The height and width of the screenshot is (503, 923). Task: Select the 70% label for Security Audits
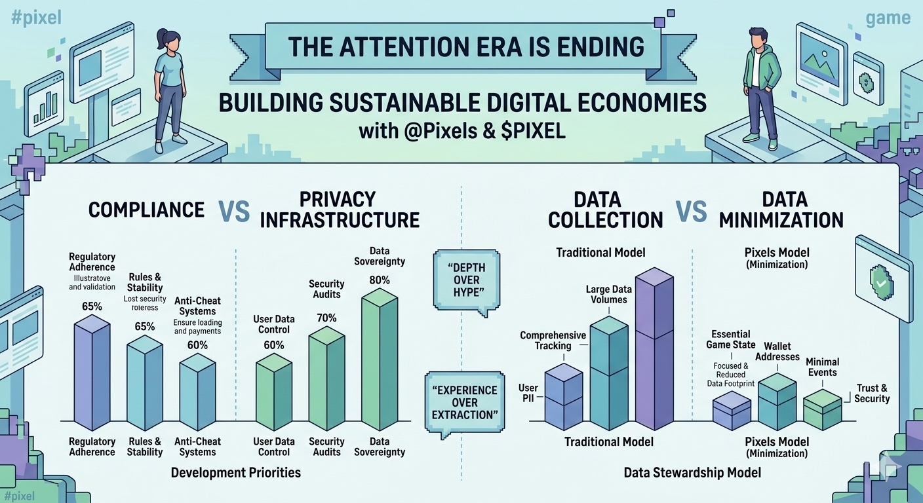(326, 318)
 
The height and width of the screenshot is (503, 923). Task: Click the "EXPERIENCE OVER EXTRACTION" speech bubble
(464, 402)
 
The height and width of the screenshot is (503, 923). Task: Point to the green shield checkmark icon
(880, 282)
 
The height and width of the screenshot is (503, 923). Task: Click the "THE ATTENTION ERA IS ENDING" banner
(466, 47)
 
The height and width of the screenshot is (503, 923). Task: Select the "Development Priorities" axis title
(235, 472)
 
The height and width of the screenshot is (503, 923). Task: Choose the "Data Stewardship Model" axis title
(692, 472)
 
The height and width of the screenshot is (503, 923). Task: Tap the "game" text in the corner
(888, 18)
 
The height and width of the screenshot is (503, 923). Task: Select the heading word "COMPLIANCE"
(146, 210)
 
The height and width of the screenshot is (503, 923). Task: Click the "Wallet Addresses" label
(777, 352)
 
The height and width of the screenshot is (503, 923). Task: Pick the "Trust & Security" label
(872, 394)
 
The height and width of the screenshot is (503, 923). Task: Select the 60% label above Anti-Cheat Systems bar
(197, 345)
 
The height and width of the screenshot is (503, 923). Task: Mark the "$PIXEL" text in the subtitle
(533, 130)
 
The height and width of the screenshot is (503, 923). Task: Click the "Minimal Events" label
(822, 367)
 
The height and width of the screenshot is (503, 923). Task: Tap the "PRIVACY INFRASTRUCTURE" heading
(340, 210)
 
